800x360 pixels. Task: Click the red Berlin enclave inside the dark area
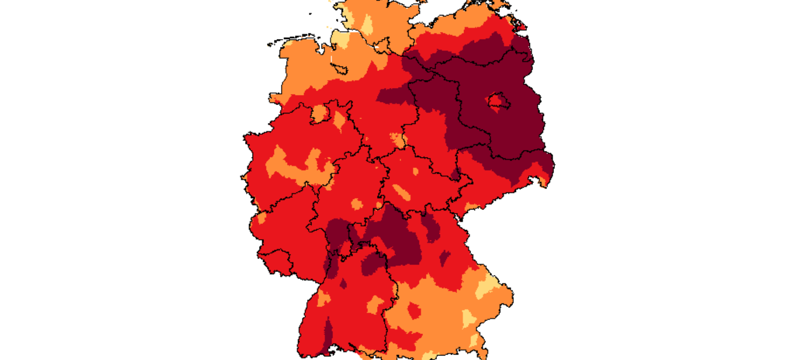[496, 101]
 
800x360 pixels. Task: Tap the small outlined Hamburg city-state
[382, 46]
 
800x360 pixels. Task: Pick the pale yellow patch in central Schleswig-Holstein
[367, 24]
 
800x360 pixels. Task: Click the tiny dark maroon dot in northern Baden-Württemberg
[343, 283]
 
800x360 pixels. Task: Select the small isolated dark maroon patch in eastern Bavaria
[444, 258]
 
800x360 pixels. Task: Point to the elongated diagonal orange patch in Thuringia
[400, 192]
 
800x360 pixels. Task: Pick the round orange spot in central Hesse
[356, 204]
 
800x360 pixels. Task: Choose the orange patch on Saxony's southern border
[470, 206]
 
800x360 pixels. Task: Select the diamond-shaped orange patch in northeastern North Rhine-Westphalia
[340, 120]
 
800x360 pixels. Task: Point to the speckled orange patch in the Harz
[398, 139]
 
